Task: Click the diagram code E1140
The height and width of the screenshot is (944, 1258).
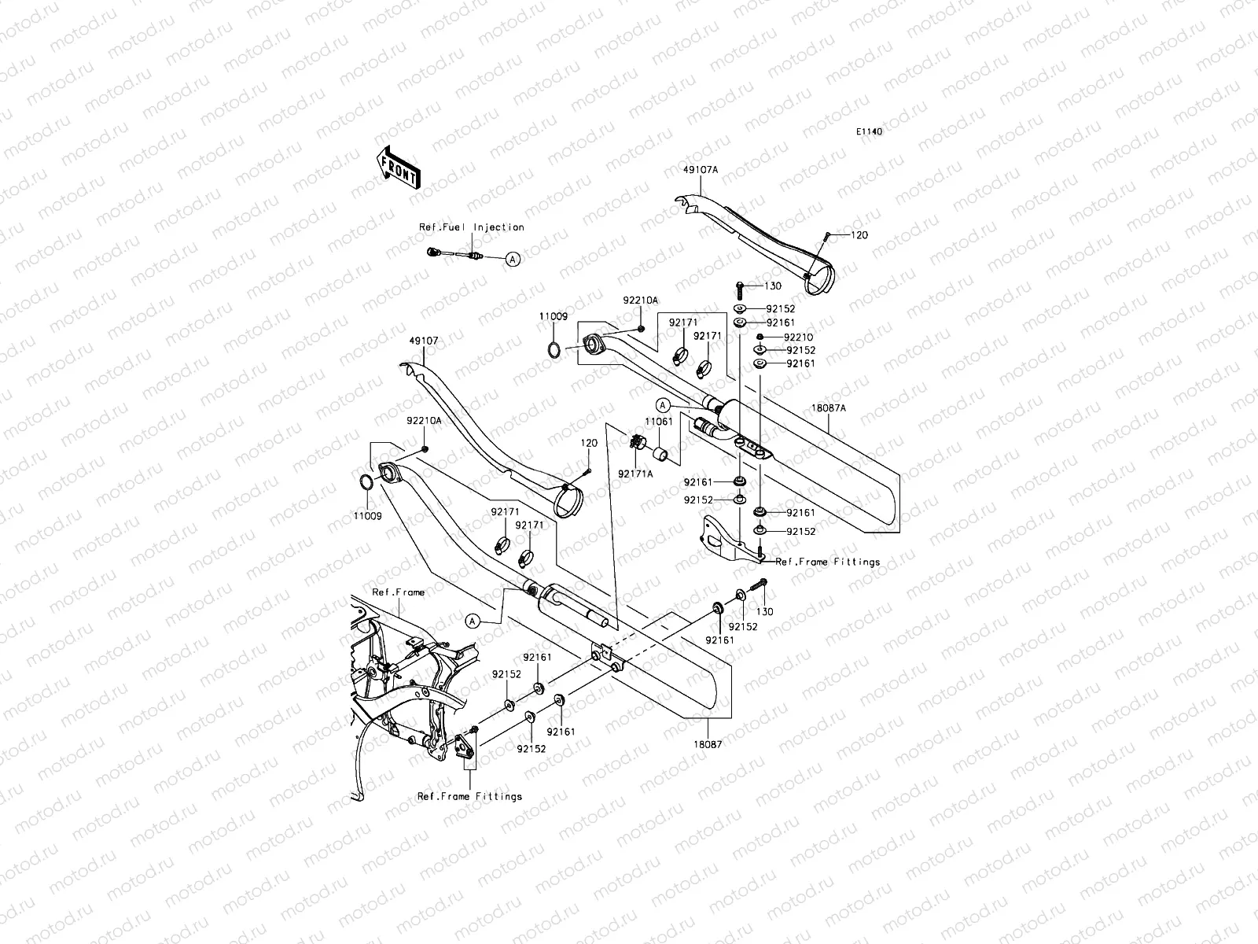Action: [869, 132]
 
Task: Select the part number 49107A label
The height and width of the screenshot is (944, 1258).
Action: [701, 168]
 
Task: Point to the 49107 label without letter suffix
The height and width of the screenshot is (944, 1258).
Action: [423, 341]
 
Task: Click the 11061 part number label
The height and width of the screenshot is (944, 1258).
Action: [658, 422]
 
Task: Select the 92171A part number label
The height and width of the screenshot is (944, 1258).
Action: [635, 474]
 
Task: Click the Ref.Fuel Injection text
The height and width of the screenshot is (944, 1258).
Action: [471, 227]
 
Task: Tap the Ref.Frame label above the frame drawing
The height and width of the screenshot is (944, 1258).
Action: [398, 592]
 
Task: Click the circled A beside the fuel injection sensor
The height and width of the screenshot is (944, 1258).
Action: [513, 258]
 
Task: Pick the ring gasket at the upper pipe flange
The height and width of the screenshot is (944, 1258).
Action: [554, 348]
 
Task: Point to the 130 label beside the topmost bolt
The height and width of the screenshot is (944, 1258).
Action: [772, 286]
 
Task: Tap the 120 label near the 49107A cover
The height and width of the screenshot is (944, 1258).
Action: [859, 235]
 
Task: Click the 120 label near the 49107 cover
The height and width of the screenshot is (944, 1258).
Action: [589, 444]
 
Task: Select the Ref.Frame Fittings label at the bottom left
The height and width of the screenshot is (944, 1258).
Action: [469, 796]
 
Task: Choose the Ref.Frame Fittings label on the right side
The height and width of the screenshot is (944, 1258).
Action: [827, 562]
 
